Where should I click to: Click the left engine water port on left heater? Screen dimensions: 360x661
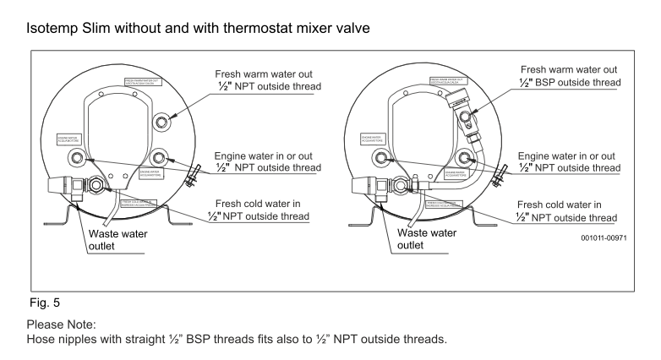[x=77, y=158]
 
